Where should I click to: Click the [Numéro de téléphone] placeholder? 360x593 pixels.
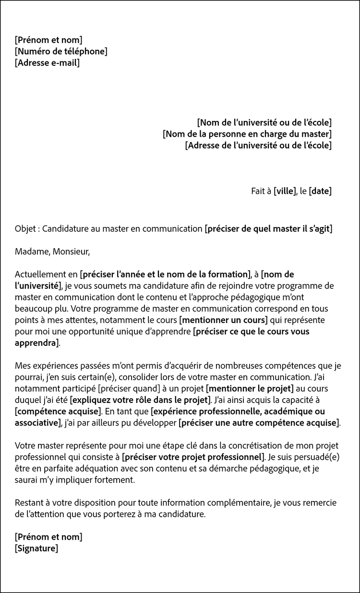pos(61,51)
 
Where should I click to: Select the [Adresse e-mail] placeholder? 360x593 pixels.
pos(47,63)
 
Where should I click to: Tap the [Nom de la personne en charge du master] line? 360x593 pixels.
pos(247,134)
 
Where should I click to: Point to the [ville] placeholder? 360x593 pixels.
pos(285,191)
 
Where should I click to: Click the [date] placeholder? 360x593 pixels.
pos(320,191)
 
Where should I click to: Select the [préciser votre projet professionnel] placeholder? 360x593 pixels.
pos(193,456)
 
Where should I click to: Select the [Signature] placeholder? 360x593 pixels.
pos(36,548)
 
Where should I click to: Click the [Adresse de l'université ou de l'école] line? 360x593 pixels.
pos(258,145)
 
